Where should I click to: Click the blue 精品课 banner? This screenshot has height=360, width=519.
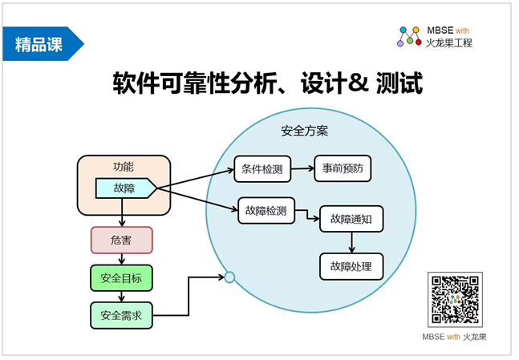(43, 43)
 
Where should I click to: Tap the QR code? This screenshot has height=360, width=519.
(455, 299)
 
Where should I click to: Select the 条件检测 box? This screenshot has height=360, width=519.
(262, 169)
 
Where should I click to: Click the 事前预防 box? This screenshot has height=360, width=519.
(343, 168)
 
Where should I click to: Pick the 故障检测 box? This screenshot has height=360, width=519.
(266, 210)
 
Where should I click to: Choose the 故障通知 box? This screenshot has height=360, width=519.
(351, 219)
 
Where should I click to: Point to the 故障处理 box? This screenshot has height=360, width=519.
(351, 266)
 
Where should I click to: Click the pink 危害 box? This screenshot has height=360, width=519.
(121, 240)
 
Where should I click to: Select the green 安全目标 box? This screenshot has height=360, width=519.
(121, 278)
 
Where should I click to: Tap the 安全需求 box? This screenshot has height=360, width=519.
(121, 315)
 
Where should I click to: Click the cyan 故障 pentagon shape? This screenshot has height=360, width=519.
(126, 188)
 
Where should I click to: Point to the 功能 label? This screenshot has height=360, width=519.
(123, 167)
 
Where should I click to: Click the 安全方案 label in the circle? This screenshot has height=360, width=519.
(305, 131)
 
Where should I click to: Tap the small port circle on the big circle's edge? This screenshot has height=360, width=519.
(229, 277)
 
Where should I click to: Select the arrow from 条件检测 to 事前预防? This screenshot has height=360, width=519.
(302, 168)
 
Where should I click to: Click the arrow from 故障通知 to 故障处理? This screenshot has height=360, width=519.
(351, 242)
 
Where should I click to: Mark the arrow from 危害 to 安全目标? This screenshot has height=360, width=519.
(121, 259)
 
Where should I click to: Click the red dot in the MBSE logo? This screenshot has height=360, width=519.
(419, 42)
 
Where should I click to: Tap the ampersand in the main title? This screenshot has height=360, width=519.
(358, 83)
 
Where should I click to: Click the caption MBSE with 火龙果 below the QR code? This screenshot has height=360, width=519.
(455, 337)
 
